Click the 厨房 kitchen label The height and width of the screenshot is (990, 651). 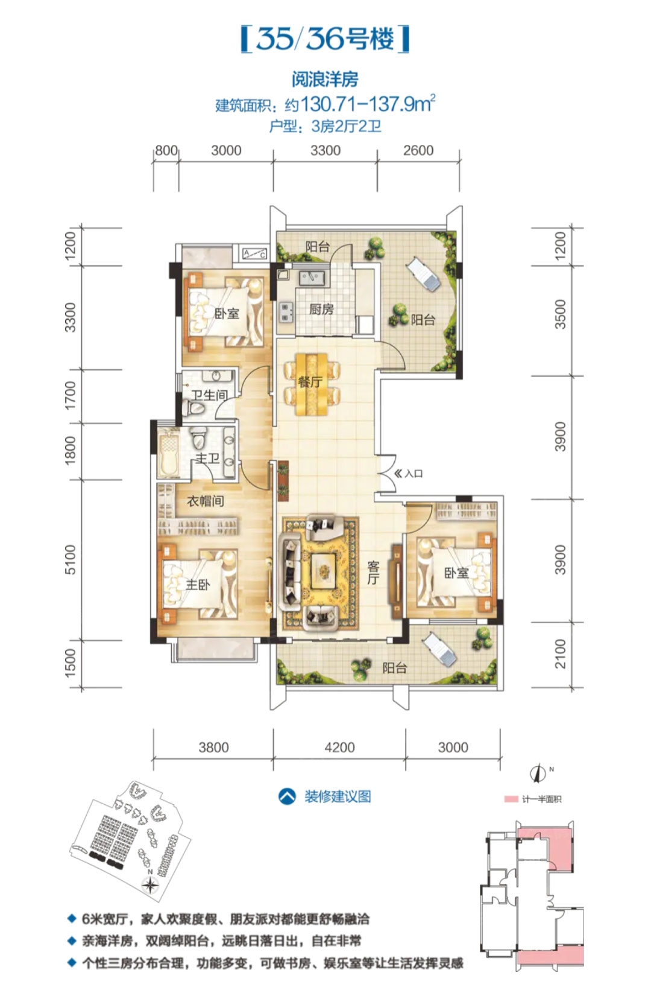click(321, 309)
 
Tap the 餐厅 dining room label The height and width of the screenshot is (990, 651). click(310, 381)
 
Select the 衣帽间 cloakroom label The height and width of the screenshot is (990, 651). click(206, 501)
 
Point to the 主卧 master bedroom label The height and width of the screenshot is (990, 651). click(198, 585)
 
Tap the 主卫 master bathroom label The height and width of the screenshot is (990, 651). click(207, 458)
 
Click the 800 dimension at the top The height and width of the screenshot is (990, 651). click(166, 150)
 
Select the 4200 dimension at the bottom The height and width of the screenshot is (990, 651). click(339, 747)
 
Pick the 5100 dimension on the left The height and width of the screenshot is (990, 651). click(70, 559)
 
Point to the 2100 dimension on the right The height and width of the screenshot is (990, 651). click(560, 653)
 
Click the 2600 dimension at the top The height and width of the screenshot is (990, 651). click(418, 150)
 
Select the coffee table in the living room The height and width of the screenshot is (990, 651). click(324, 567)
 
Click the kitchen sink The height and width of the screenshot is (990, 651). click(312, 278)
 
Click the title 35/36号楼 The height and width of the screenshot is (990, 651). click(325, 39)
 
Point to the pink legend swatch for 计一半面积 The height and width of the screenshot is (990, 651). click(511, 799)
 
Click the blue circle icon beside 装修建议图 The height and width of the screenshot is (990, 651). click(287, 796)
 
